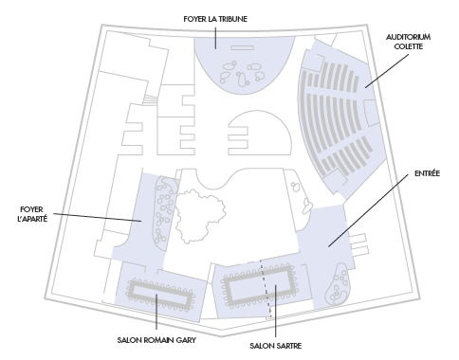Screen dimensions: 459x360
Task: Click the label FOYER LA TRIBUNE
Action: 215,19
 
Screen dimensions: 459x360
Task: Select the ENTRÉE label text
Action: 427,173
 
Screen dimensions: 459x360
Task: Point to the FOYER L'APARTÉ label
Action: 32,214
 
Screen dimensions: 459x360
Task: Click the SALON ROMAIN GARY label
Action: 156,340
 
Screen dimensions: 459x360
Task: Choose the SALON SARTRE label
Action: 275,346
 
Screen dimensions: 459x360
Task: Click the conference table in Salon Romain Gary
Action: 161,294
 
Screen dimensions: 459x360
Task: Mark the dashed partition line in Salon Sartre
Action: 266,289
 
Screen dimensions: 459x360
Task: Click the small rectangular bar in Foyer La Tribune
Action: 242,48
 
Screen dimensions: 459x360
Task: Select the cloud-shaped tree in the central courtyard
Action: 200,216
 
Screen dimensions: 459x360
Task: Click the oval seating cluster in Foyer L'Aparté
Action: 164,210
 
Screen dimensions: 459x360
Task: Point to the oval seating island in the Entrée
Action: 339,285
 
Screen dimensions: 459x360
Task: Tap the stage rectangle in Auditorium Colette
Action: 371,113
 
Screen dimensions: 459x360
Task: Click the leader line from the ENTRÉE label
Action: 368,210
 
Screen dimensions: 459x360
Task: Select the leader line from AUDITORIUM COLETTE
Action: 387,71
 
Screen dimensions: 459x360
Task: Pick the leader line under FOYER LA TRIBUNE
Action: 215,38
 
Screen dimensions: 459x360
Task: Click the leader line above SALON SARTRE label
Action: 275,311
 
